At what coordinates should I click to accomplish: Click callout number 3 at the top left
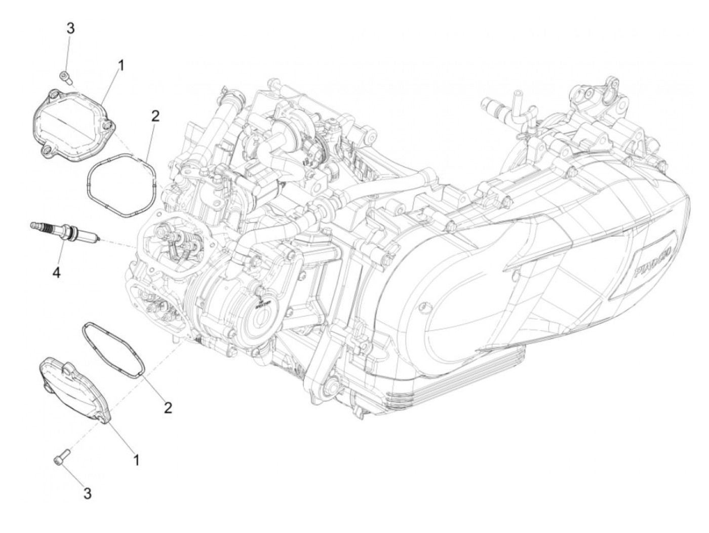[x=71, y=28]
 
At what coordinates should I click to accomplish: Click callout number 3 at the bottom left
[x=88, y=492]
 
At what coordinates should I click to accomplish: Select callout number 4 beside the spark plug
[x=56, y=273]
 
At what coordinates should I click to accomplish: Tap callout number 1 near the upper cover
[x=121, y=65]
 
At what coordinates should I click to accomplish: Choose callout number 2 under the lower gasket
[x=168, y=407]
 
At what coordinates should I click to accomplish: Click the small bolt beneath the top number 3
[x=65, y=77]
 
